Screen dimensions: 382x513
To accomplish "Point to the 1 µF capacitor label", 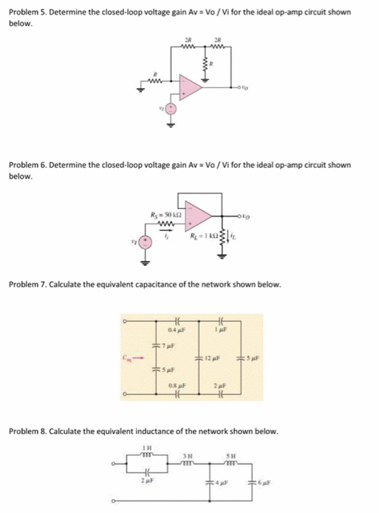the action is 220,332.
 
